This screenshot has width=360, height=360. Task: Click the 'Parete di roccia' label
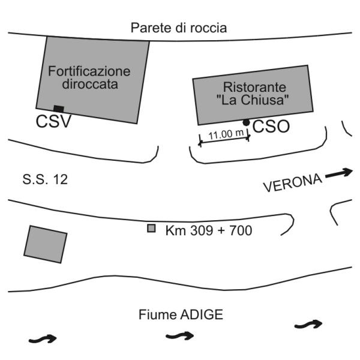click(179, 28)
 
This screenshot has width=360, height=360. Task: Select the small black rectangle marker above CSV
click(58, 109)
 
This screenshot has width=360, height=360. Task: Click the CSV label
click(53, 122)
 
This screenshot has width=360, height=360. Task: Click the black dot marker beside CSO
click(246, 122)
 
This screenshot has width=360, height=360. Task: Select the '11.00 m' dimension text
click(224, 134)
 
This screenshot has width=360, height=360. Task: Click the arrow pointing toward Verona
click(339, 173)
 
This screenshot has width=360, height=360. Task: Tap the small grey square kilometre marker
click(152, 228)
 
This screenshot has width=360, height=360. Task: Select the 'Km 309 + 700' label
click(208, 229)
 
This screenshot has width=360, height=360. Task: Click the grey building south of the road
click(46, 244)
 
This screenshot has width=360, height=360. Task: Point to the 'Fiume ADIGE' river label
click(181, 314)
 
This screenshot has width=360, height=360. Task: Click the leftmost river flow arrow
click(43, 339)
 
